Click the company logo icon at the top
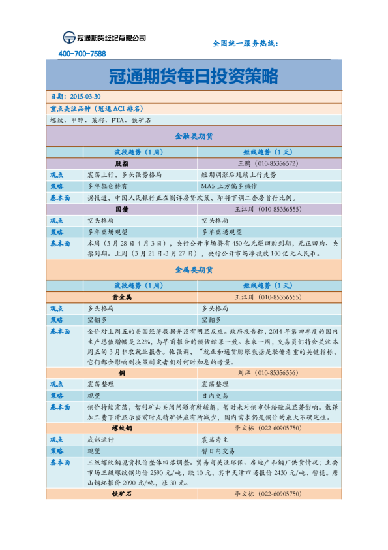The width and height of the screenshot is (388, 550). coord(68,38)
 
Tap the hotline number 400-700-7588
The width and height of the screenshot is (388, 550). coord(82,54)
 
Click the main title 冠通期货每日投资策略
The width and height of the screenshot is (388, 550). coord(194,75)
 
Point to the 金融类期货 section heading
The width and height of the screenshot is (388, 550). coord(194,136)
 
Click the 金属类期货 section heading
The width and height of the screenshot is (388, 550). coord(194,268)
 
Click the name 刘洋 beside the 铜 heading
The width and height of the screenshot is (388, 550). coord(244,372)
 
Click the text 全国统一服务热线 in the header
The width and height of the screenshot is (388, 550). coord(245,43)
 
